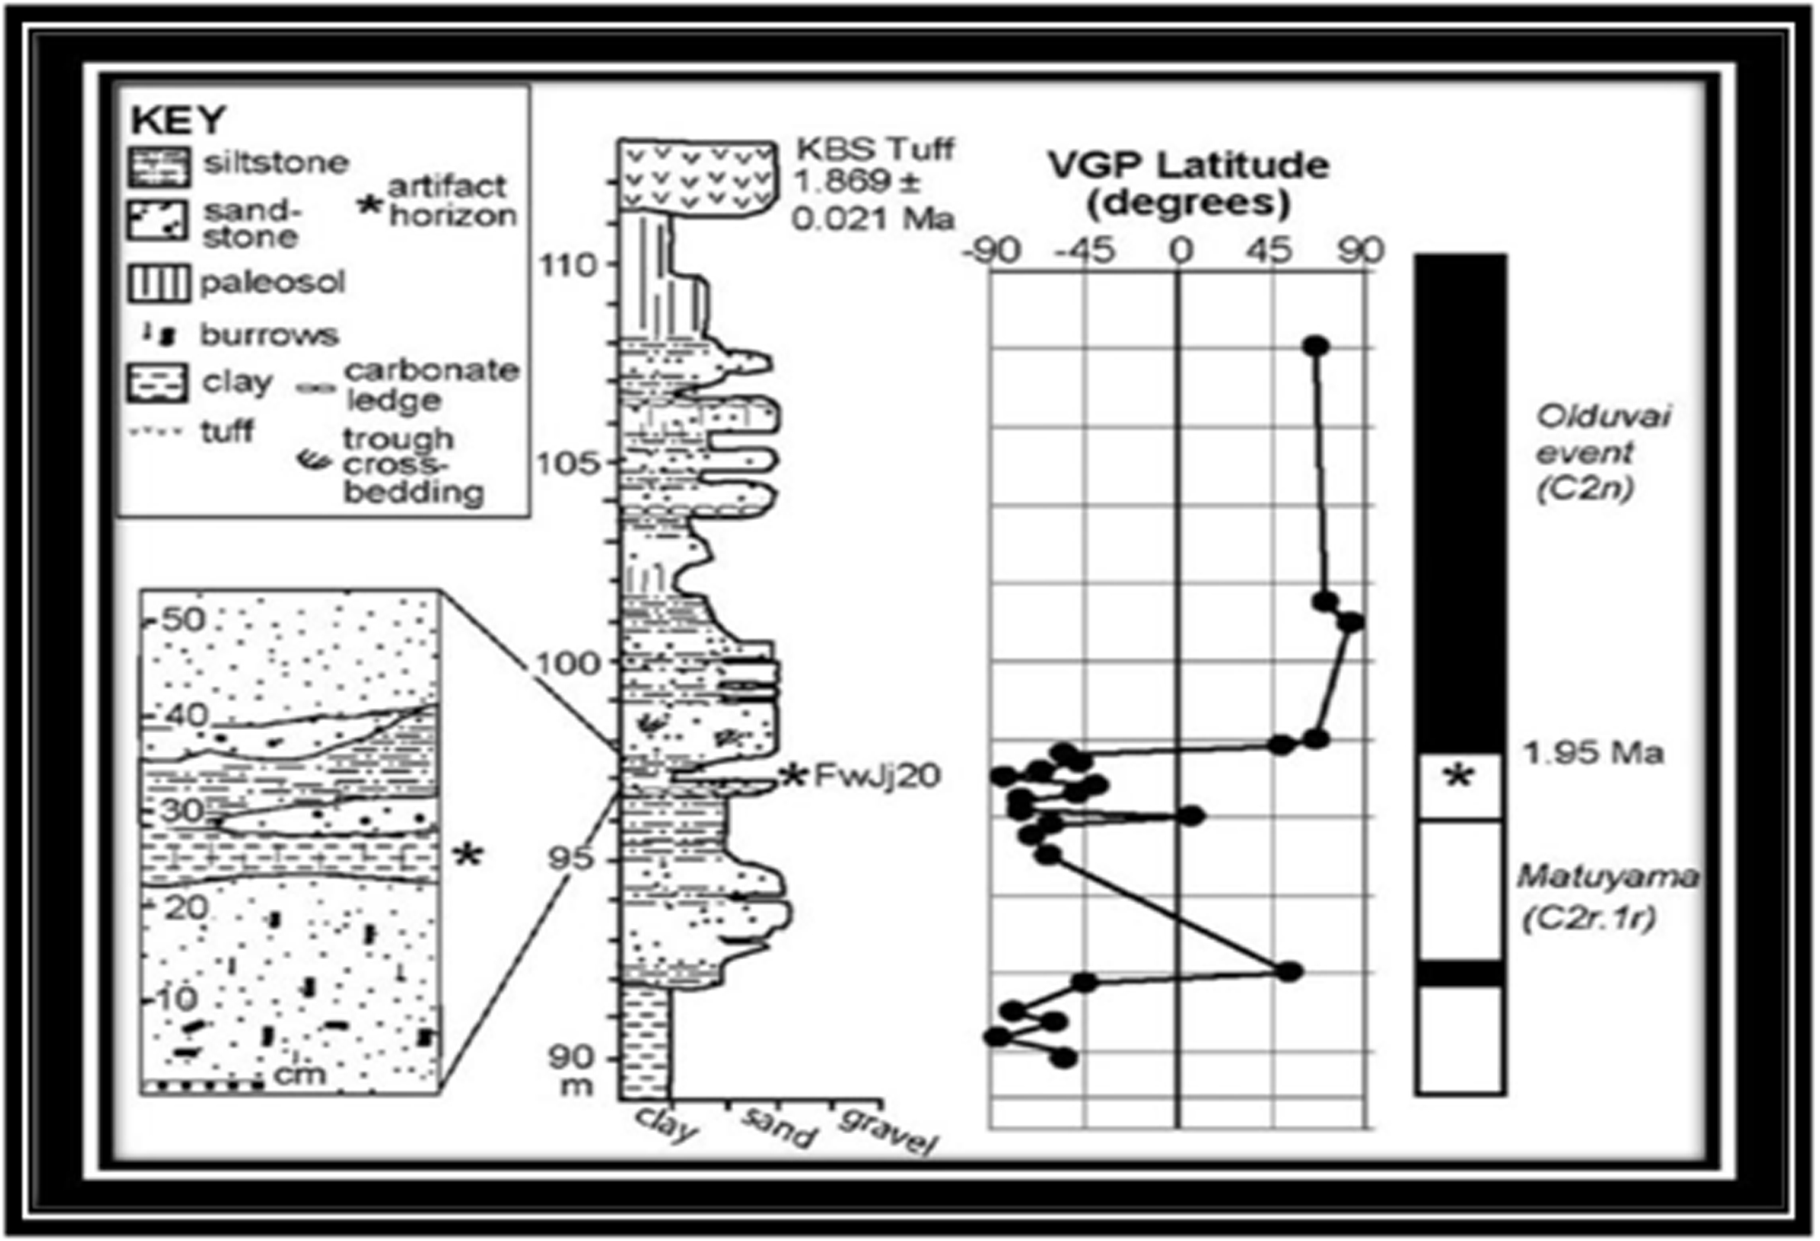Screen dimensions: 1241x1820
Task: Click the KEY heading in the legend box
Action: pyautogui.click(x=178, y=120)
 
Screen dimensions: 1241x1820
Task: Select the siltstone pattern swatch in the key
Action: pyautogui.click(x=159, y=166)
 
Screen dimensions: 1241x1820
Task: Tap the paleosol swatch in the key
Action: pyautogui.click(x=159, y=283)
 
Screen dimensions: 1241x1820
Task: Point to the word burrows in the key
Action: pyautogui.click(x=270, y=335)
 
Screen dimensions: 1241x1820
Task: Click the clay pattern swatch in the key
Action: pyautogui.click(x=157, y=383)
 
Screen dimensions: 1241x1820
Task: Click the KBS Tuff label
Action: pyautogui.click(x=874, y=148)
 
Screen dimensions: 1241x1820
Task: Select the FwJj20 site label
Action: pyautogui.click(x=876, y=775)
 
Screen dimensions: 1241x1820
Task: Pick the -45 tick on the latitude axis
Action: pyautogui.click(x=1085, y=251)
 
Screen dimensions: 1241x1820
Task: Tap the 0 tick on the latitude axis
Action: pyautogui.click(x=1180, y=251)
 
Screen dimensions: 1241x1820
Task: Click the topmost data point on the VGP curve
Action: pyautogui.click(x=1317, y=345)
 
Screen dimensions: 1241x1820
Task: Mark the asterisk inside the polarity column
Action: pyautogui.click(x=1457, y=777)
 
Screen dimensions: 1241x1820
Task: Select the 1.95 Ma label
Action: pyautogui.click(x=1592, y=752)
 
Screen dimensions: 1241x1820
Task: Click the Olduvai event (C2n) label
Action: pyautogui.click(x=1602, y=452)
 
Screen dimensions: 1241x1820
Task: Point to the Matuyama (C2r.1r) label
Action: pyautogui.click(x=1606, y=897)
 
